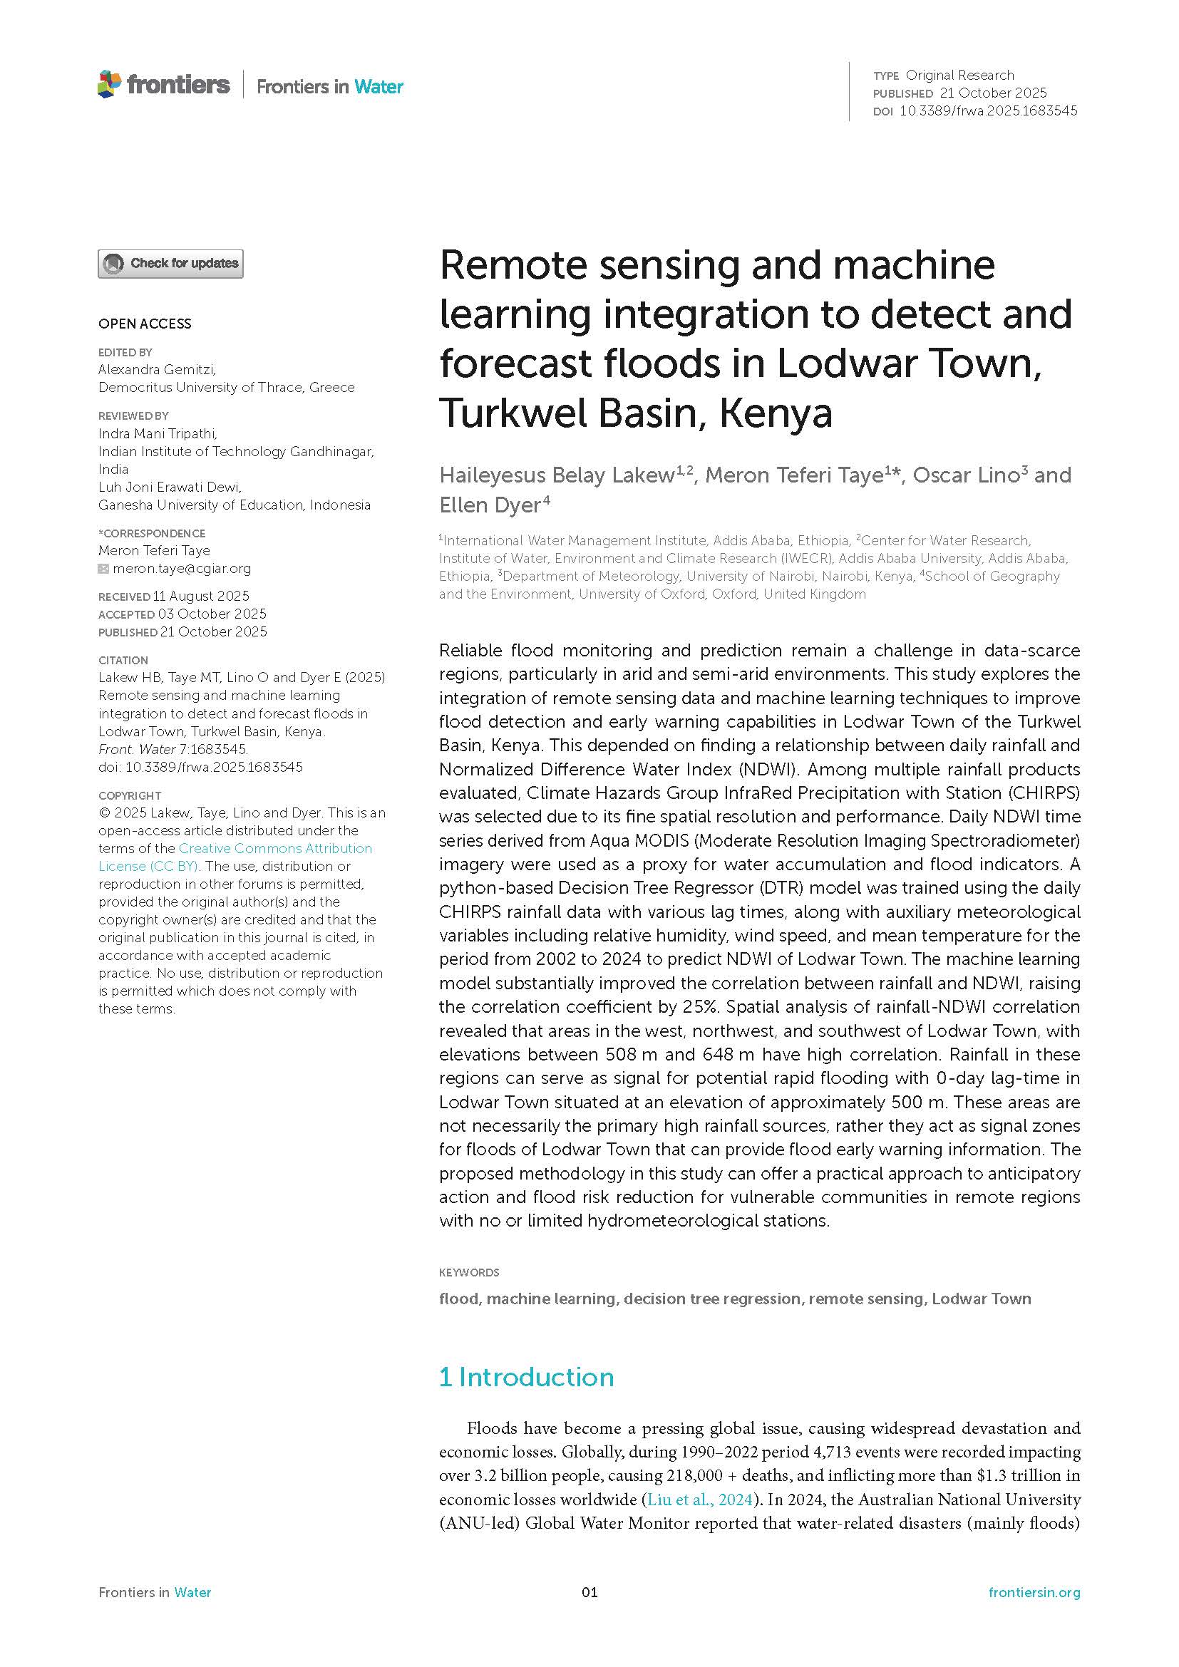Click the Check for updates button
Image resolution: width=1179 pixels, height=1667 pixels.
pos(170,264)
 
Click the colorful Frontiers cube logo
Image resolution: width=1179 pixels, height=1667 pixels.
pos(109,84)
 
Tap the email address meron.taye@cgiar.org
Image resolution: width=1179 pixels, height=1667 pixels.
pos(182,569)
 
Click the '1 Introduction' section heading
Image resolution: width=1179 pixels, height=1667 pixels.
pos(526,1378)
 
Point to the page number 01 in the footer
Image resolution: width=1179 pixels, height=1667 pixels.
pos(589,1592)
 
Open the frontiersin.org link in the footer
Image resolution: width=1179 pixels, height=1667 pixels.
pos(1034,1592)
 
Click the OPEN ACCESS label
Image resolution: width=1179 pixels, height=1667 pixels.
pos(145,324)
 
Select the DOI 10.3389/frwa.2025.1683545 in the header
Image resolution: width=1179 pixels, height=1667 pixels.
pos(988,111)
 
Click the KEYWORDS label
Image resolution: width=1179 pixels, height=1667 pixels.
pos(469,1273)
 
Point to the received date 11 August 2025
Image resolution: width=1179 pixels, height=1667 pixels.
pos(200,596)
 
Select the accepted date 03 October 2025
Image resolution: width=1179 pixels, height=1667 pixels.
pos(212,614)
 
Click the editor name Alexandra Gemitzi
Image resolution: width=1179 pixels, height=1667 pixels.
pos(157,370)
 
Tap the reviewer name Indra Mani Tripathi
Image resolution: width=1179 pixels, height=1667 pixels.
pos(158,433)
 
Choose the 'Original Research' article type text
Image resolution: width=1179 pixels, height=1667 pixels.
pos(959,75)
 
